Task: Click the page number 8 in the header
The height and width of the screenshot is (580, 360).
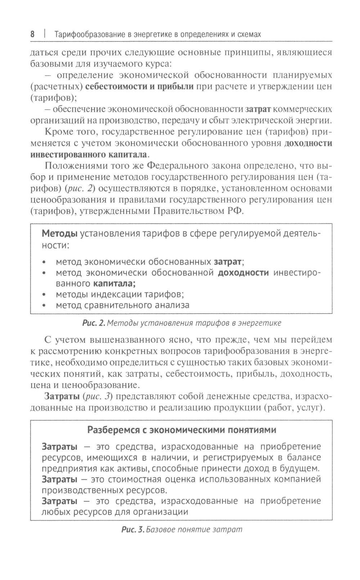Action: (32, 35)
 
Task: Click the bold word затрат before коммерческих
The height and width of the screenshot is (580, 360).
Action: (258, 109)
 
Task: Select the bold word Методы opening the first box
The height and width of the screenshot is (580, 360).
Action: (60, 234)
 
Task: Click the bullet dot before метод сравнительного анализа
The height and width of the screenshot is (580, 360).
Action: (44, 306)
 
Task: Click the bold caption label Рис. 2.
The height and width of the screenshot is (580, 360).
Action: (93, 323)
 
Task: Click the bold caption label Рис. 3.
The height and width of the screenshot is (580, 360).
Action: (133, 530)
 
